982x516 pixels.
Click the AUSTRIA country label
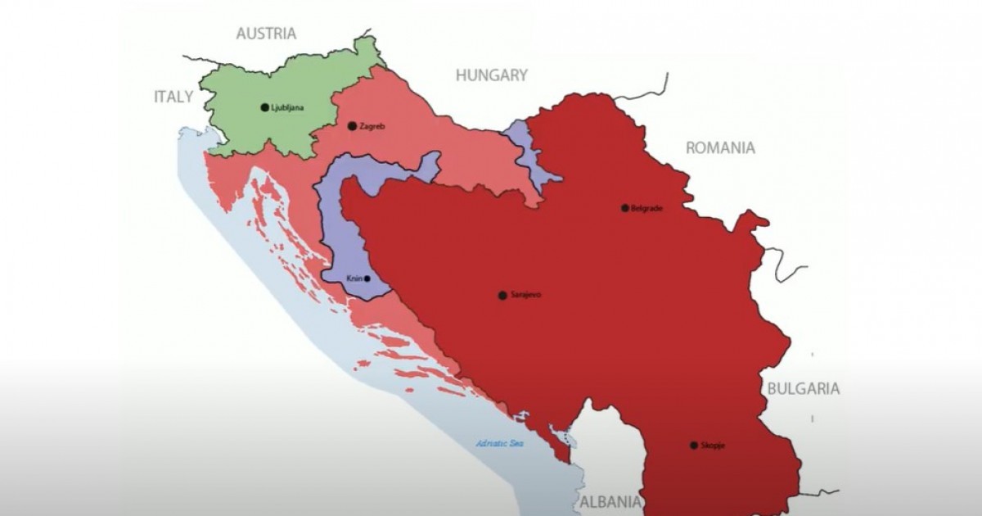(266, 34)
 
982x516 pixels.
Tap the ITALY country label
(173, 97)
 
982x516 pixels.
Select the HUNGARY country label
(491, 75)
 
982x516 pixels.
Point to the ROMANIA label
(720, 148)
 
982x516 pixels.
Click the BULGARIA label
(803, 389)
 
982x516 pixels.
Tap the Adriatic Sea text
(499, 444)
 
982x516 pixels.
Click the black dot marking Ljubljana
(264, 107)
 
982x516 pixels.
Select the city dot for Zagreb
(352, 126)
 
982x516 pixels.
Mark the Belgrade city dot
(625, 208)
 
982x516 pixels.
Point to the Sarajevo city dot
(502, 296)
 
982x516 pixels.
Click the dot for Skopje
(694, 446)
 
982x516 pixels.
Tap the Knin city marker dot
(367, 278)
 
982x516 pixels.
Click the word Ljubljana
(287, 107)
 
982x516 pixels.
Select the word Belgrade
(646, 208)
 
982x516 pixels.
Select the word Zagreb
(372, 126)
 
